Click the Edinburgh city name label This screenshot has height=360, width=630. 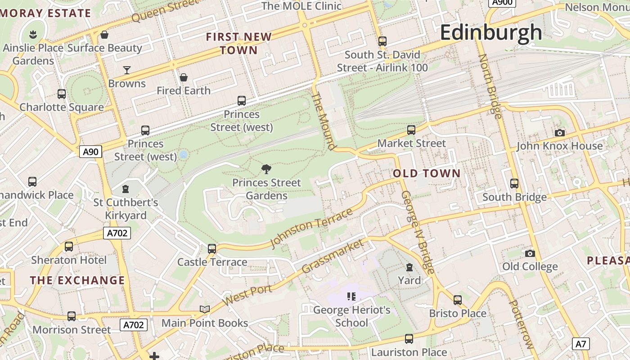(x=491, y=33)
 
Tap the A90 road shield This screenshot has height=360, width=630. (x=90, y=152)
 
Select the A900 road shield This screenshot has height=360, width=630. (x=502, y=2)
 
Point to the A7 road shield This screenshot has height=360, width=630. (x=581, y=344)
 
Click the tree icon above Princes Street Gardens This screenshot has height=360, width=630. (x=266, y=169)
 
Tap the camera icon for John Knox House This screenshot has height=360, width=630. (x=559, y=133)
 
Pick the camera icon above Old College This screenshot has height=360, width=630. (x=530, y=253)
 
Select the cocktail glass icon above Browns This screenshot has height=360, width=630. (x=127, y=70)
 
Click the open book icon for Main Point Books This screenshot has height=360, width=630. (x=205, y=309)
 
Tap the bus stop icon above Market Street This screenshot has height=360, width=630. (x=411, y=130)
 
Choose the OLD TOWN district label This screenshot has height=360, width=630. (x=427, y=173)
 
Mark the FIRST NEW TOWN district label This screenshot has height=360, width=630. (x=239, y=43)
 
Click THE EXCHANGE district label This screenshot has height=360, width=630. (x=77, y=280)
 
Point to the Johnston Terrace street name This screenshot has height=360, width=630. (x=311, y=228)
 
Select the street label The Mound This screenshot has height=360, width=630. (x=324, y=121)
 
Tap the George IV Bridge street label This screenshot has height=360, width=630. (x=418, y=232)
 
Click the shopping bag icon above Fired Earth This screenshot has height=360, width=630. (x=184, y=77)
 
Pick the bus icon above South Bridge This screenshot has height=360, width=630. (x=514, y=184)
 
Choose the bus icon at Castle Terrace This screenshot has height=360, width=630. (x=211, y=248)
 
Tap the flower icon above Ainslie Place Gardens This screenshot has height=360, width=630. (x=33, y=34)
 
